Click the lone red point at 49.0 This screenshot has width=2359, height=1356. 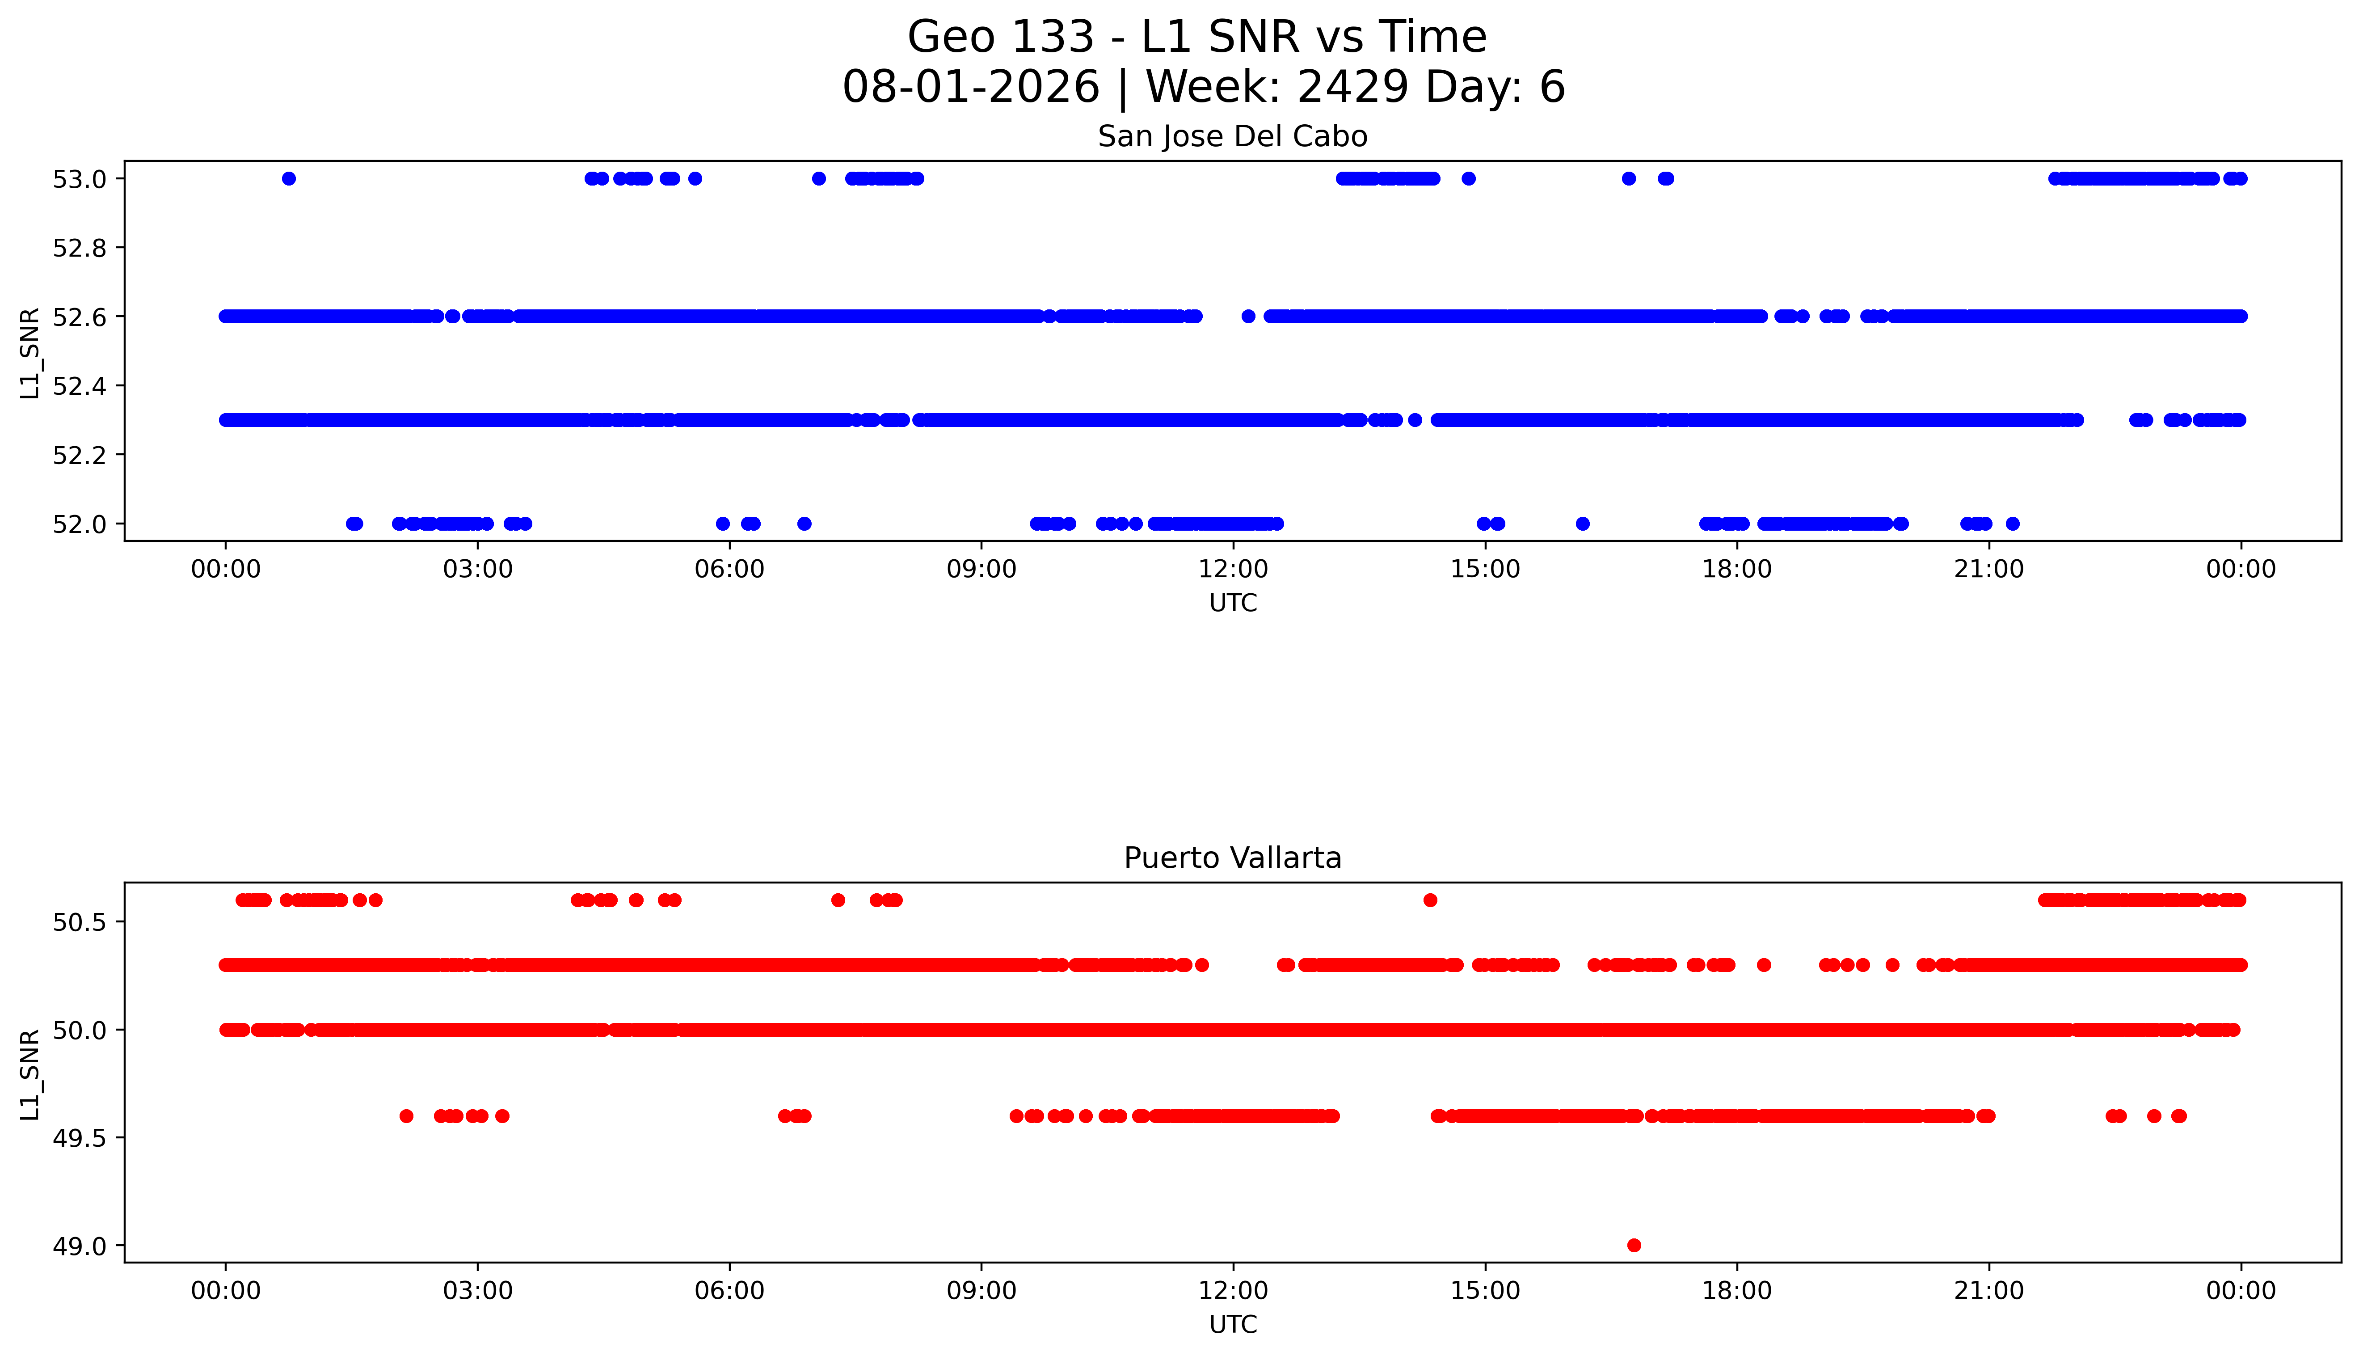[x=1634, y=1245]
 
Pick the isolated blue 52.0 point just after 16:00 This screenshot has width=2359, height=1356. [x=1583, y=524]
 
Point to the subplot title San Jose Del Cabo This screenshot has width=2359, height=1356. [x=1233, y=137]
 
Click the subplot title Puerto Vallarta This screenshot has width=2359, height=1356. [x=1233, y=858]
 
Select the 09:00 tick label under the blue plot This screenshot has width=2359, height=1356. [x=981, y=569]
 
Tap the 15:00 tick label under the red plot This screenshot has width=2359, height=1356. [x=1485, y=1291]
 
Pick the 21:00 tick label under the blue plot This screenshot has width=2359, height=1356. [x=1988, y=569]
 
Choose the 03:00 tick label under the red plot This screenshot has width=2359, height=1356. [x=478, y=1291]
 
